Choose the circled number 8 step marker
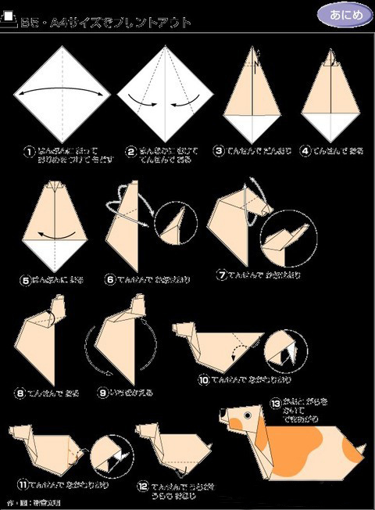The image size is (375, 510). (x=20, y=392)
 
